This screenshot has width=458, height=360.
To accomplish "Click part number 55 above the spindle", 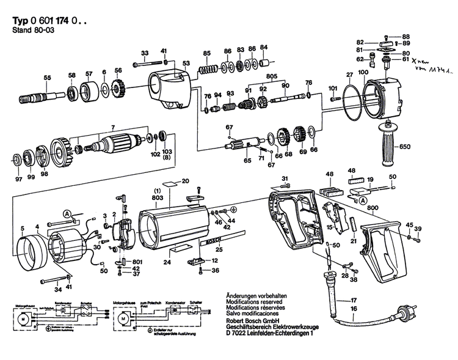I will [x=47, y=77].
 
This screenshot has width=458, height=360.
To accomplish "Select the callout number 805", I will [x=271, y=76].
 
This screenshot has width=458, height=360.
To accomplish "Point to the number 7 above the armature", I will [x=111, y=127].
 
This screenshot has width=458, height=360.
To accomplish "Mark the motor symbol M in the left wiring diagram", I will [x=22, y=318].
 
